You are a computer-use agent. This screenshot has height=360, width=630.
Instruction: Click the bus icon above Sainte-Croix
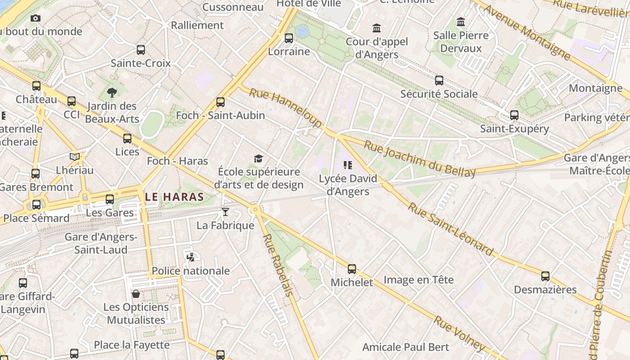tap(141, 50)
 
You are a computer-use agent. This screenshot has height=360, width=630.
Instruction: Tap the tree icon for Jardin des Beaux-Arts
tap(112, 93)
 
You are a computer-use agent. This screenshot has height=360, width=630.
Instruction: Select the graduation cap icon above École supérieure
tap(258, 158)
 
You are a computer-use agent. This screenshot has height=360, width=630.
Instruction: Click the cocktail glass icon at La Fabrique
tap(225, 212)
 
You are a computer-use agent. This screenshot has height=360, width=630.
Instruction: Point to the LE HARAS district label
tap(175, 197)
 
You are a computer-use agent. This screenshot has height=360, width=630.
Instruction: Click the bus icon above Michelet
tap(352, 269)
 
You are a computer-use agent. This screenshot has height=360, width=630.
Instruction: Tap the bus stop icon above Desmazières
tap(545, 276)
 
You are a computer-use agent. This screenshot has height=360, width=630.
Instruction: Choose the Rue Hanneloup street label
tap(285, 108)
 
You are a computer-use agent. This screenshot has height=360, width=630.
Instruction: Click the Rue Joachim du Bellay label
tap(419, 159)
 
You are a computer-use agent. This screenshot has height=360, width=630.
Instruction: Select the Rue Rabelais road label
tap(277, 265)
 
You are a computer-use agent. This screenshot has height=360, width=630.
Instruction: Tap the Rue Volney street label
tap(459, 333)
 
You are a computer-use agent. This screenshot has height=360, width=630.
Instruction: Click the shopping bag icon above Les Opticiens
tap(136, 294)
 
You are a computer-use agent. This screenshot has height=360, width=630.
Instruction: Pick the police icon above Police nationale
tap(191, 257)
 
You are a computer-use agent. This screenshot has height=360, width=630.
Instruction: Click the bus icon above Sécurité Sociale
tap(439, 81)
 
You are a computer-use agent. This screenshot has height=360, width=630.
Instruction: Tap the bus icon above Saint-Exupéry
tap(514, 115)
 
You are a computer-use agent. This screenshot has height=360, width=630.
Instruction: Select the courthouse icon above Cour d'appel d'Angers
tap(377, 29)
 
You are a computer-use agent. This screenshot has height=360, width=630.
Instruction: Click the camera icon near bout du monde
tap(36, 18)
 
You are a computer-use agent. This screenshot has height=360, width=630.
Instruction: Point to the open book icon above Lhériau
tap(75, 157)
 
